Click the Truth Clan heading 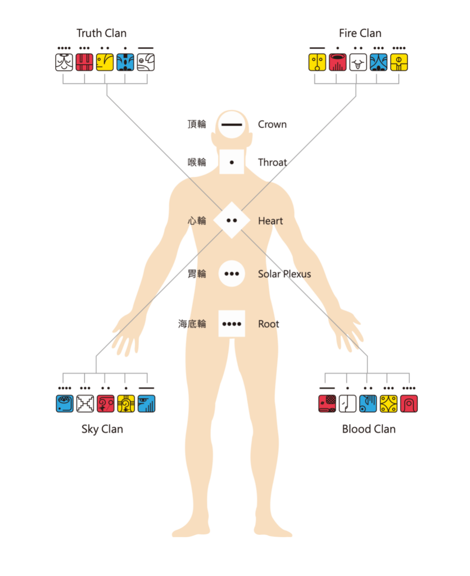coord(101,33)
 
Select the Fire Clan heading coord(360,33)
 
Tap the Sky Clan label coord(102,429)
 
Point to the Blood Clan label coord(369,429)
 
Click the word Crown coord(272,124)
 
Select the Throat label coord(273,163)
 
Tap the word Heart coord(270,220)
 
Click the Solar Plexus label coord(284,274)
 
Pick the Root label coord(268,324)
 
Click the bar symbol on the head coord(232,125)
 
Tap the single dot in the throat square coord(232,163)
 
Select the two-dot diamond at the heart coord(232,220)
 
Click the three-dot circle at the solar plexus coord(232,274)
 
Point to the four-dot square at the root coord(232,323)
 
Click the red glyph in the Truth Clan coord(84,62)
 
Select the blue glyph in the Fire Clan coord(378,62)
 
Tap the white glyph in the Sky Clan coord(85,404)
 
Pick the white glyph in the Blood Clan coord(347,404)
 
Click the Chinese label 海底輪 coord(192,324)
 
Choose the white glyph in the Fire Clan coord(358,62)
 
